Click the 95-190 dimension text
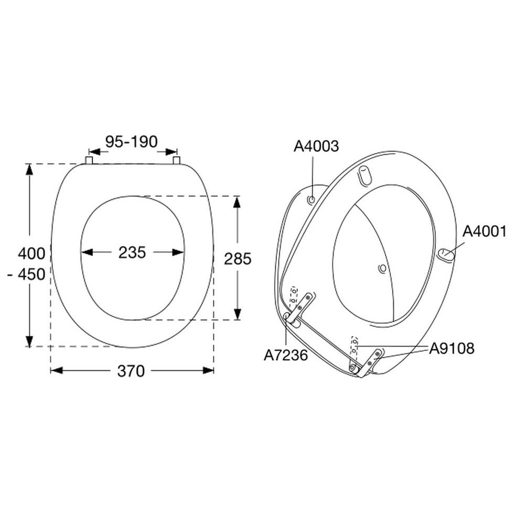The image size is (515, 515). click(132, 142)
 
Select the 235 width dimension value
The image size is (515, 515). click(132, 253)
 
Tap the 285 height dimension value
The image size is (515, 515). click(238, 259)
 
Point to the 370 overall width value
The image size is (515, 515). click(131, 371)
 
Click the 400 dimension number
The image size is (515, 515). click(31, 253)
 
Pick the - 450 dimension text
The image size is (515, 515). click(26, 274)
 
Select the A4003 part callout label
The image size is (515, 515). click(316, 146)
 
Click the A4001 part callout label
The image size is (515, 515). click(485, 232)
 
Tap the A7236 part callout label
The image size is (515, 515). click(286, 355)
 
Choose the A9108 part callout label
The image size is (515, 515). click(452, 348)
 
